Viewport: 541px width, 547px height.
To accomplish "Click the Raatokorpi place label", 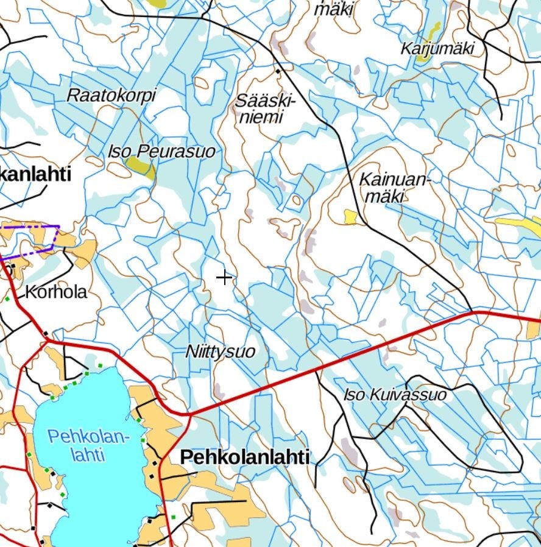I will tap(111, 96).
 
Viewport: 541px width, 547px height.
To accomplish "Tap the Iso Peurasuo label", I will tap(161, 152).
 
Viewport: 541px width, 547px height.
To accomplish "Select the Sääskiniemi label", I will tap(264, 108).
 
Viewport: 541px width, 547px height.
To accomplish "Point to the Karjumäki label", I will tap(437, 49).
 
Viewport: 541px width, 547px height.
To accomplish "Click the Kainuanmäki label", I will tap(394, 188).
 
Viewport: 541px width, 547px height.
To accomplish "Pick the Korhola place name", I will tap(56, 292).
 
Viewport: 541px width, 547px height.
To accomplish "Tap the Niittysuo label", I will tap(220, 352).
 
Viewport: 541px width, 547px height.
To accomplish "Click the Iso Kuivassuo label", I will tap(395, 395).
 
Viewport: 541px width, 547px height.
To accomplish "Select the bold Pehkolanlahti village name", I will tap(245, 457).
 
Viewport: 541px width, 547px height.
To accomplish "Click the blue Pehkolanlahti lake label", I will tap(89, 445).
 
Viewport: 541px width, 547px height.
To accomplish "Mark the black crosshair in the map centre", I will tap(224, 278).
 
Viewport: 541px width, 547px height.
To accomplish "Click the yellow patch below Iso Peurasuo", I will tap(140, 166).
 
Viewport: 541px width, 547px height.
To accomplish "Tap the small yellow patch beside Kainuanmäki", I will tap(350, 216).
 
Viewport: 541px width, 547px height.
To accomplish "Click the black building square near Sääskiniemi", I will tap(278, 71).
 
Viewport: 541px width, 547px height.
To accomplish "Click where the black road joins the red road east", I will tap(474, 312).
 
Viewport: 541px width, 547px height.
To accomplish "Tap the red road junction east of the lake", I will tap(188, 414).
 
